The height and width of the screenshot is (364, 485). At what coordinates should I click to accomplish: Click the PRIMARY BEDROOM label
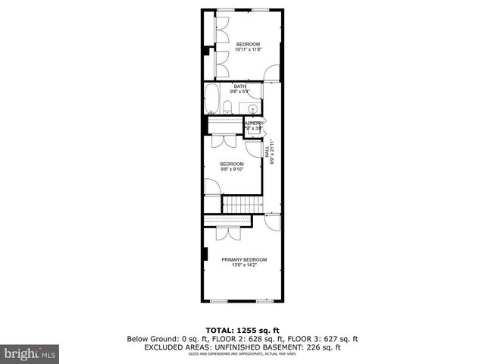click(244, 259)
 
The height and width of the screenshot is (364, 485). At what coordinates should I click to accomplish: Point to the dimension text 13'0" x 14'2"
click(244, 265)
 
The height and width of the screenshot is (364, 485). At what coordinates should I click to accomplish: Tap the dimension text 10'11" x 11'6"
click(248, 49)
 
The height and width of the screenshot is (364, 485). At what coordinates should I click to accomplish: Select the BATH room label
click(239, 86)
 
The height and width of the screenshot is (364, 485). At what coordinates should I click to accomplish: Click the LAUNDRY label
click(254, 123)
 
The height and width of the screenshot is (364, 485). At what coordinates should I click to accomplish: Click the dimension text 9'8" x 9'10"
click(232, 170)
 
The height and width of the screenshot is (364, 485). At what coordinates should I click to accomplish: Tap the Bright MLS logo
click(30, 353)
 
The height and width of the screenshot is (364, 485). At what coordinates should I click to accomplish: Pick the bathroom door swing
click(257, 93)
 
